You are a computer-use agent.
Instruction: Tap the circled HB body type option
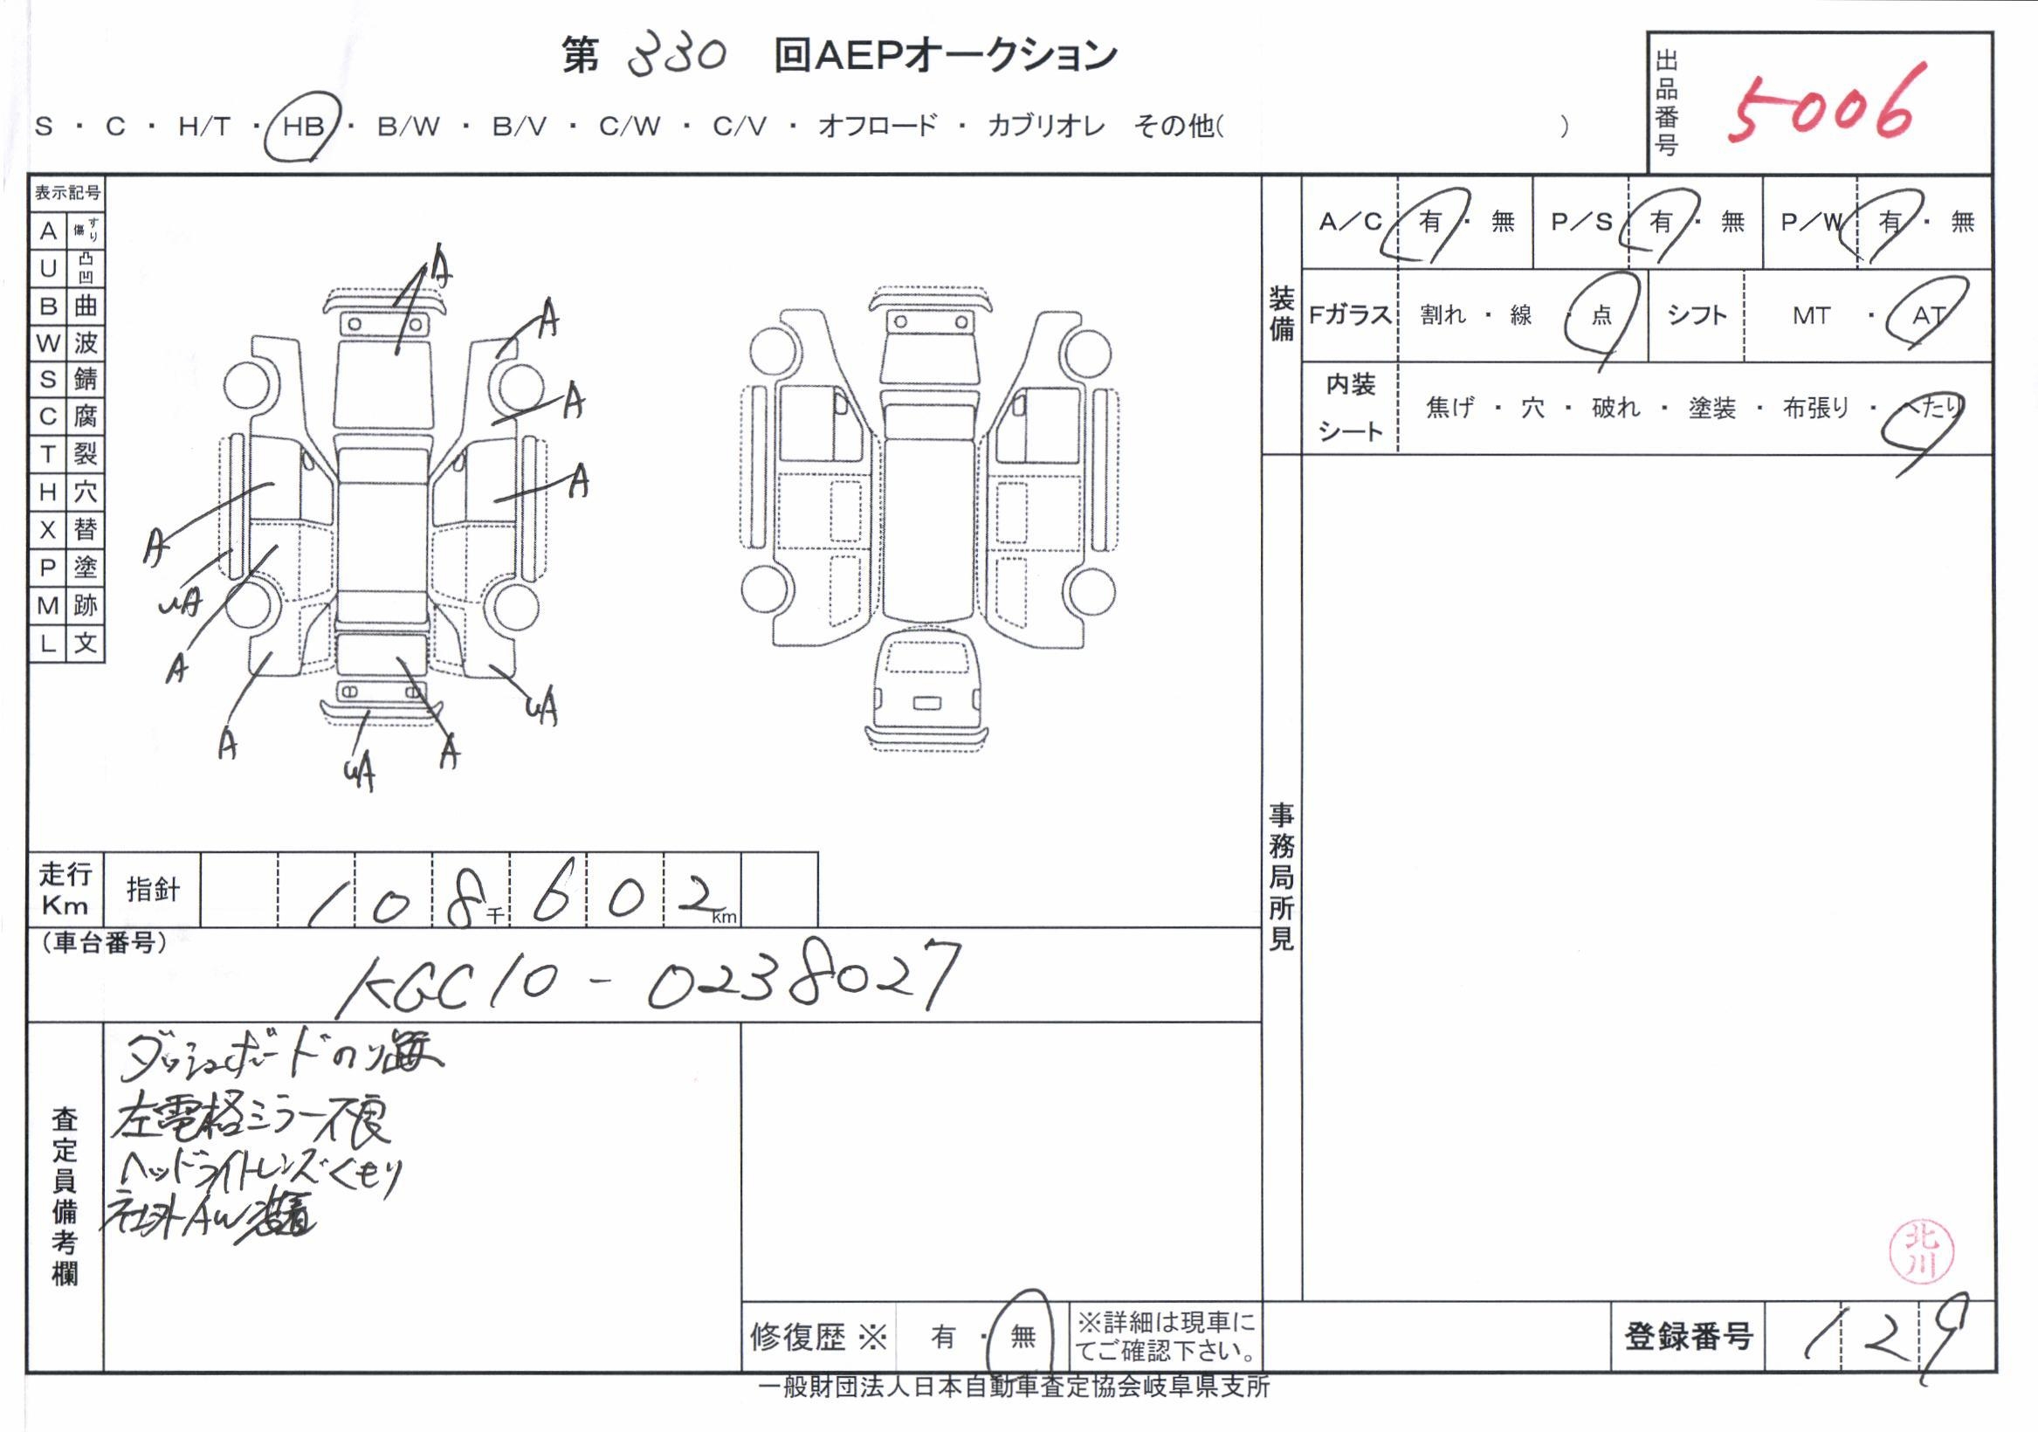pos(303,126)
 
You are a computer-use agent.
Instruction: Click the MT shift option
pos(1811,316)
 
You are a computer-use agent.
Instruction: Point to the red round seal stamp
pos(1922,1252)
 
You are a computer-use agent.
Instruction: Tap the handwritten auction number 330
pos(677,55)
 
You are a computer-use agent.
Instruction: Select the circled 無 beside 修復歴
pos(1022,1336)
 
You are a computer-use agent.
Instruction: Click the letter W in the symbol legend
pos(48,343)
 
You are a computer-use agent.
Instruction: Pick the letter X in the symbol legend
pos(48,531)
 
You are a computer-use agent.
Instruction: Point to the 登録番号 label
pos(1687,1336)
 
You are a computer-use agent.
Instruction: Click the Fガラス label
pos(1349,316)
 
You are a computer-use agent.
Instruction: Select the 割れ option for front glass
pos(1442,316)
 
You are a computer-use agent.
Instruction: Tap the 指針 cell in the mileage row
pos(153,890)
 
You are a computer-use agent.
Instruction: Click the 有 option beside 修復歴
pos(943,1336)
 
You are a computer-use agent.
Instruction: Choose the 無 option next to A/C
pos(1502,221)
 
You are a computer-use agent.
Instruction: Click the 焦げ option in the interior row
pos(1449,409)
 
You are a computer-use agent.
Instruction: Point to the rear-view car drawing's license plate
pos(926,703)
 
